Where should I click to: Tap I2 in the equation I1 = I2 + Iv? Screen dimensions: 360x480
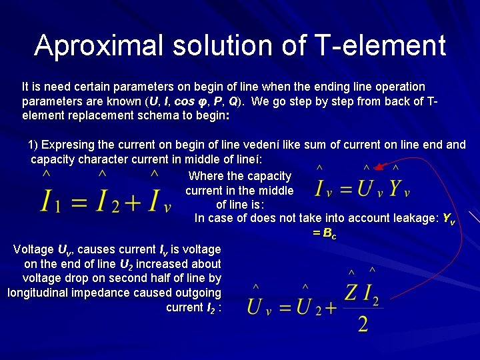(x=107, y=200)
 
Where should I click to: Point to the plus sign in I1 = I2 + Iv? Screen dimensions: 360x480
(x=133, y=201)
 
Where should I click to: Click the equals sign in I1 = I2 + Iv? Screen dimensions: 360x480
(x=79, y=201)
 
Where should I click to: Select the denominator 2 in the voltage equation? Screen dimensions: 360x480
(x=363, y=324)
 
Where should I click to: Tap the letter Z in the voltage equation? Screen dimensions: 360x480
(x=353, y=292)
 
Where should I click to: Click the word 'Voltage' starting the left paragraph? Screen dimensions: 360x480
(x=33, y=249)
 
